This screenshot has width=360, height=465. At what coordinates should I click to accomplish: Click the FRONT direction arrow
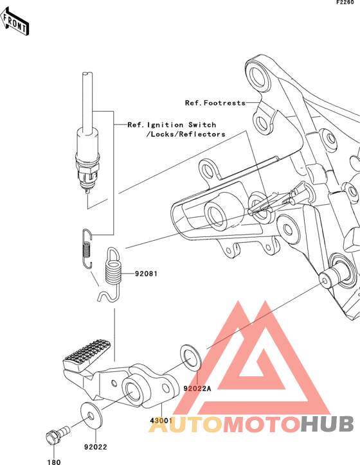pyautogui.click(x=15, y=21)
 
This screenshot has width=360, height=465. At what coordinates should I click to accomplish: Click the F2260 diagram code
pyautogui.click(x=345, y=3)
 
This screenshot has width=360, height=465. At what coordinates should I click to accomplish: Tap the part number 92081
pyautogui.click(x=146, y=274)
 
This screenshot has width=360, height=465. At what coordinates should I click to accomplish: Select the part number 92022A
pyautogui.click(x=197, y=388)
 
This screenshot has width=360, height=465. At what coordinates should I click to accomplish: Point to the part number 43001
pyautogui.click(x=161, y=420)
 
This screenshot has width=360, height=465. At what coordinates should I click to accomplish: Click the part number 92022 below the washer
pyautogui.click(x=95, y=447)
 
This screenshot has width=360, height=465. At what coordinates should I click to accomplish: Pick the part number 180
pyautogui.click(x=54, y=462)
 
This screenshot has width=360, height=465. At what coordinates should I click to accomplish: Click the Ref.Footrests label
pyautogui.click(x=215, y=103)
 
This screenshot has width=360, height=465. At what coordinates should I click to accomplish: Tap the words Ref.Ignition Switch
pyautogui.click(x=172, y=125)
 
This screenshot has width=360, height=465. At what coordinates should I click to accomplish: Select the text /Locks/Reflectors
pyautogui.click(x=186, y=134)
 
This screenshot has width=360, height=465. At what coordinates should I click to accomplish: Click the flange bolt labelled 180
pyautogui.click(x=57, y=434)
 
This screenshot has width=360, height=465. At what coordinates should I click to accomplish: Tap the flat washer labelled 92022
pyautogui.click(x=92, y=416)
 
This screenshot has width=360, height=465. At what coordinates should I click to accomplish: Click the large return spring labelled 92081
pyautogui.click(x=113, y=274)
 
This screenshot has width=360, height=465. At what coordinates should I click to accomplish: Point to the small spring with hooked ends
pyautogui.click(x=86, y=249)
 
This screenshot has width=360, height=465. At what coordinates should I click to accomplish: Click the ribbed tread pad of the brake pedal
pyautogui.click(x=87, y=353)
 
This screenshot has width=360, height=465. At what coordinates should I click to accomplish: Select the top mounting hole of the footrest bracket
pyautogui.click(x=259, y=76)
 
